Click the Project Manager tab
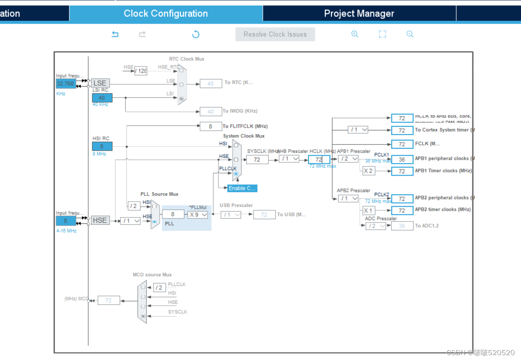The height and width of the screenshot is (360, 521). click(359, 13)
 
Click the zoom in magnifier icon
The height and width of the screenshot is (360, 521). click(355, 34)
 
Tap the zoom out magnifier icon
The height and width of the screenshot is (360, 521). click(410, 34)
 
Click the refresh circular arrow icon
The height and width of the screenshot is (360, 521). click(196, 34)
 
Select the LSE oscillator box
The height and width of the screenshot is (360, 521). click(100, 83)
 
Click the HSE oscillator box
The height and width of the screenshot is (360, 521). click(100, 220)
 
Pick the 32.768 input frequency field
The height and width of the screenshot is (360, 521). click(66, 84)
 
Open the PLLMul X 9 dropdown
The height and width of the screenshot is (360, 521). click(198, 214)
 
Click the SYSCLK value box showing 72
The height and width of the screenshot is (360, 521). click(257, 159)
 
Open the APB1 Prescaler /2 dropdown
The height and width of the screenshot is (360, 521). click(348, 159)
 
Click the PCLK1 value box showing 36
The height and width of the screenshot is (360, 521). click(402, 160)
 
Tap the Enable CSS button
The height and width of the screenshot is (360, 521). click(243, 188)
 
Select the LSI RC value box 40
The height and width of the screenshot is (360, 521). click(102, 98)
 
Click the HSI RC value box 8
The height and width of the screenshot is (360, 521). click(102, 146)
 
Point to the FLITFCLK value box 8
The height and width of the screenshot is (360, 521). click(210, 127)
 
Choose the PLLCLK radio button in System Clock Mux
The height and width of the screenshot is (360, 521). click(236, 174)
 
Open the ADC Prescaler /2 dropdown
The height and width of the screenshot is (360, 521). click(376, 226)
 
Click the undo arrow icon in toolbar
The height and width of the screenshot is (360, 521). click(115, 34)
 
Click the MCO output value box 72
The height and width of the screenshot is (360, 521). click(109, 300)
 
